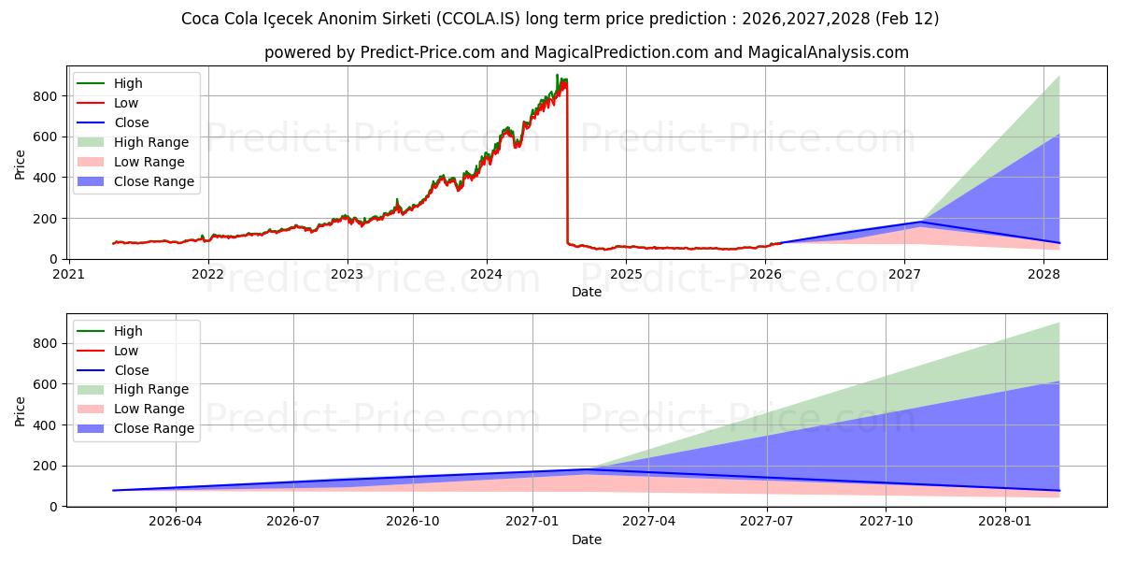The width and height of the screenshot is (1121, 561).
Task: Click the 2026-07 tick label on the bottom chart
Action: [x=293, y=522]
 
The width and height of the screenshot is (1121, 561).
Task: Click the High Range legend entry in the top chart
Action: [x=150, y=142]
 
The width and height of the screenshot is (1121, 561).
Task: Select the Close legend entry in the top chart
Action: [x=131, y=122]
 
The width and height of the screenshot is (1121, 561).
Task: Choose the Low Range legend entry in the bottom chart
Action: [x=149, y=409]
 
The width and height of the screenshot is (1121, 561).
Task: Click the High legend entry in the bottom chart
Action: [x=128, y=331]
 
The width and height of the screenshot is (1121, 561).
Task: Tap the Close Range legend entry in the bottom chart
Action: [x=153, y=428]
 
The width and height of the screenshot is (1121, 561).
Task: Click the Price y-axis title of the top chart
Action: [x=21, y=164]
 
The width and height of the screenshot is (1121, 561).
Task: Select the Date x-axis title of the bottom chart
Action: [x=586, y=539]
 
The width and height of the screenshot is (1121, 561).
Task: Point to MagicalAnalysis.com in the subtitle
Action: [x=829, y=52]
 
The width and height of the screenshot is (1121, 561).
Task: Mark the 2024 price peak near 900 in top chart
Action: [x=557, y=76]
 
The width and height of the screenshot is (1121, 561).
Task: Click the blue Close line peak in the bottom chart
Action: [x=589, y=469]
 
